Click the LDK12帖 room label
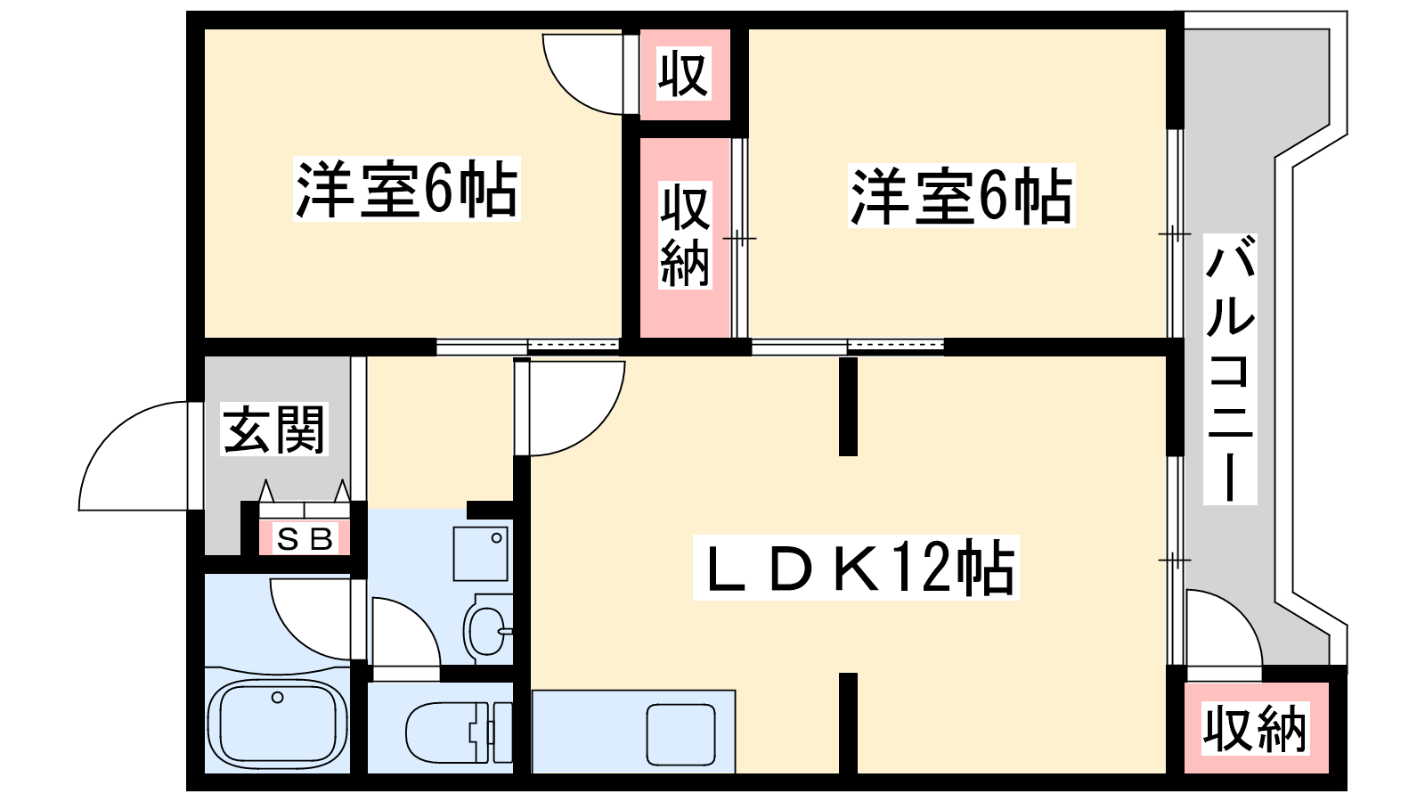(856, 567)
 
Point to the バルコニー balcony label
(1230, 369)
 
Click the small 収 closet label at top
(683, 75)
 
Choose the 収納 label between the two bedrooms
(685, 235)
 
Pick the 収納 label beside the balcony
(1255, 728)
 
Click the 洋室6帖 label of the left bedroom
(406, 189)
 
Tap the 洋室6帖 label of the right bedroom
(961, 195)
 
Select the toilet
(459, 732)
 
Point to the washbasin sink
(487, 630)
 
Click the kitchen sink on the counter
(680, 734)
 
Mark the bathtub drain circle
(277, 698)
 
